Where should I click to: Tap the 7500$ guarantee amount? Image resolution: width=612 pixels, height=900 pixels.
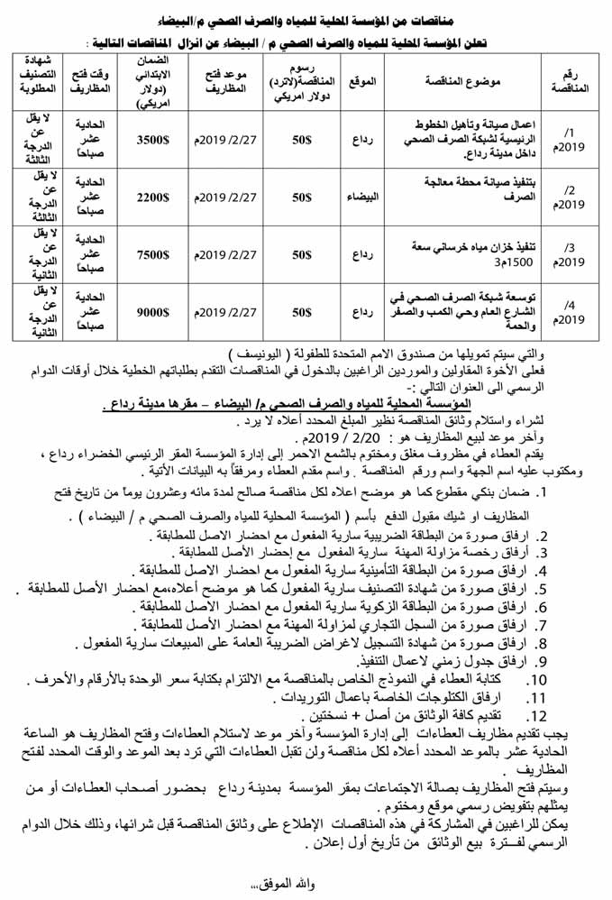152,254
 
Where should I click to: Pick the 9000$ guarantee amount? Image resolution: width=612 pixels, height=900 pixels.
152,313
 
